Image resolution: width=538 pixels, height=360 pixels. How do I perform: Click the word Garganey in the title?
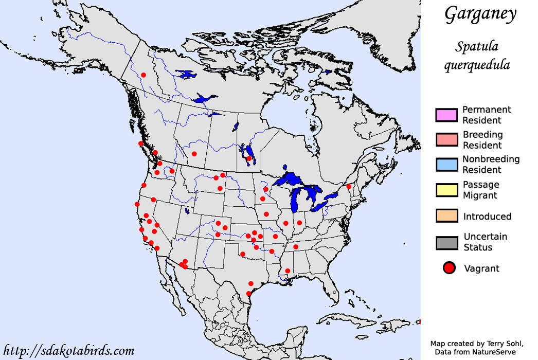tap(480, 14)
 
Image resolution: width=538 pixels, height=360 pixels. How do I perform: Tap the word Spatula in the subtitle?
tap(477, 47)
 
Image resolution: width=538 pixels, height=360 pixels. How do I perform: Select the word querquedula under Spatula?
tap(477, 65)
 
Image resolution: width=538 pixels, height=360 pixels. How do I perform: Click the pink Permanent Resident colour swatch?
tap(446, 114)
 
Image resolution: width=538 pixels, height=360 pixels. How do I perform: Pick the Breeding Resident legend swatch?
tap(446, 139)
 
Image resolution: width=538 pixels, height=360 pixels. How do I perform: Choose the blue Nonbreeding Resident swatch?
tap(446, 164)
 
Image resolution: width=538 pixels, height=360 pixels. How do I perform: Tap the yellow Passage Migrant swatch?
tap(446, 189)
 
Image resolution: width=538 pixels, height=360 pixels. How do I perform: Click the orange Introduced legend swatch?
tap(446, 215)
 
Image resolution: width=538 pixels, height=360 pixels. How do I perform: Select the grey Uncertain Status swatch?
tap(446, 242)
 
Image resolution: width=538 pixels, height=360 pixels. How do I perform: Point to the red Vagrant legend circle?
tap(449, 267)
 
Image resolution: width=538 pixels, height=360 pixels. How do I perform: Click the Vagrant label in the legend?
tap(481, 268)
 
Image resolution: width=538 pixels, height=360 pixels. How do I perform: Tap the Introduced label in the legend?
tap(487, 217)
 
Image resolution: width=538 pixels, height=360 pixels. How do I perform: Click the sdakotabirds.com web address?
tap(68, 351)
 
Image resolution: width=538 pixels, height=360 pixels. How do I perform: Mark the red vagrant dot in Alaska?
tap(144, 75)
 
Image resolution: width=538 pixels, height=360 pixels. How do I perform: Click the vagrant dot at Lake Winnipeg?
tap(249, 158)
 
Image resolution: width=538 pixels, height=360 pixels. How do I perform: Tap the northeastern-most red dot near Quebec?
tap(349, 186)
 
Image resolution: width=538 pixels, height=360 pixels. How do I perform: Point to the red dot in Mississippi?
tap(288, 271)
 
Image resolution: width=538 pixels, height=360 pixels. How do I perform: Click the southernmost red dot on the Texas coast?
tap(249, 294)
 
